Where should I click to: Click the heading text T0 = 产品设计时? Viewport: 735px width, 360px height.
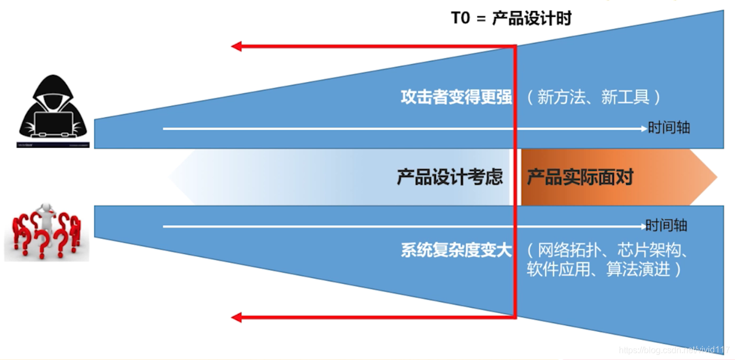tap(511, 18)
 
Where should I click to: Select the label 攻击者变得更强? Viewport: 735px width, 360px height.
tap(456, 97)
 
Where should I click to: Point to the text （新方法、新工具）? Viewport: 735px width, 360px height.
tap(594, 97)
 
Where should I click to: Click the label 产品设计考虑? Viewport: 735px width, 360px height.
tap(449, 178)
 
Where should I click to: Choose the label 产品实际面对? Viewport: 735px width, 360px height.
tap(580, 178)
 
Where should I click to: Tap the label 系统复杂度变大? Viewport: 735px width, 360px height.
tap(456, 251)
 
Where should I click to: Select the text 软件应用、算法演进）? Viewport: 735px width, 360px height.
tap(604, 269)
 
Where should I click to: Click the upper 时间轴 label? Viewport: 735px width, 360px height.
tap(669, 129)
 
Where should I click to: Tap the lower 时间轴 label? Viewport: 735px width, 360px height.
tap(667, 226)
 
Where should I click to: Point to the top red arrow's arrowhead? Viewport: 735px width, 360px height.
tap(236, 47)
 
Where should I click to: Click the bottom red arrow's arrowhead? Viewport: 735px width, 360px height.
tap(236, 317)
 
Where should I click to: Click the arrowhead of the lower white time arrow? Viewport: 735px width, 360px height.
tap(641, 226)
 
